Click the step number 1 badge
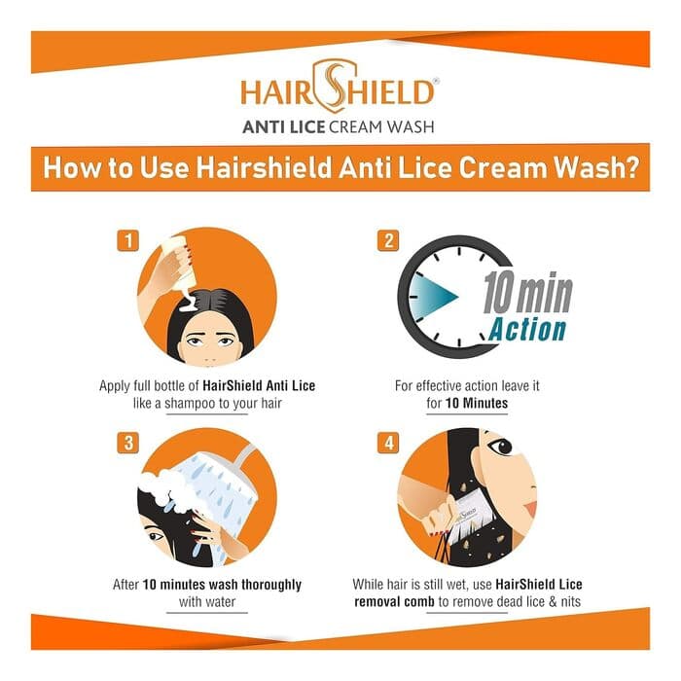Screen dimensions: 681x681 128,240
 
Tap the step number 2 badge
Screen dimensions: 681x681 389,240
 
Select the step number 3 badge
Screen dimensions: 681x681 128,443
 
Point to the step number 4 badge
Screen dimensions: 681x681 389,443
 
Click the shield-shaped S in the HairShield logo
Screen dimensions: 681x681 335,87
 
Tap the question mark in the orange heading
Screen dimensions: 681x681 632,167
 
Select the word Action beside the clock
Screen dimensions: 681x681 527,330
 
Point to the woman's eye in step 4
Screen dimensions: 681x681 500,446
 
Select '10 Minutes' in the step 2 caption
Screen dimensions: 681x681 477,403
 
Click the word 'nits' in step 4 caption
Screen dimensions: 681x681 570,602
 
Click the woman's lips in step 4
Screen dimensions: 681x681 531,509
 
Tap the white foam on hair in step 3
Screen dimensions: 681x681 165,486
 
